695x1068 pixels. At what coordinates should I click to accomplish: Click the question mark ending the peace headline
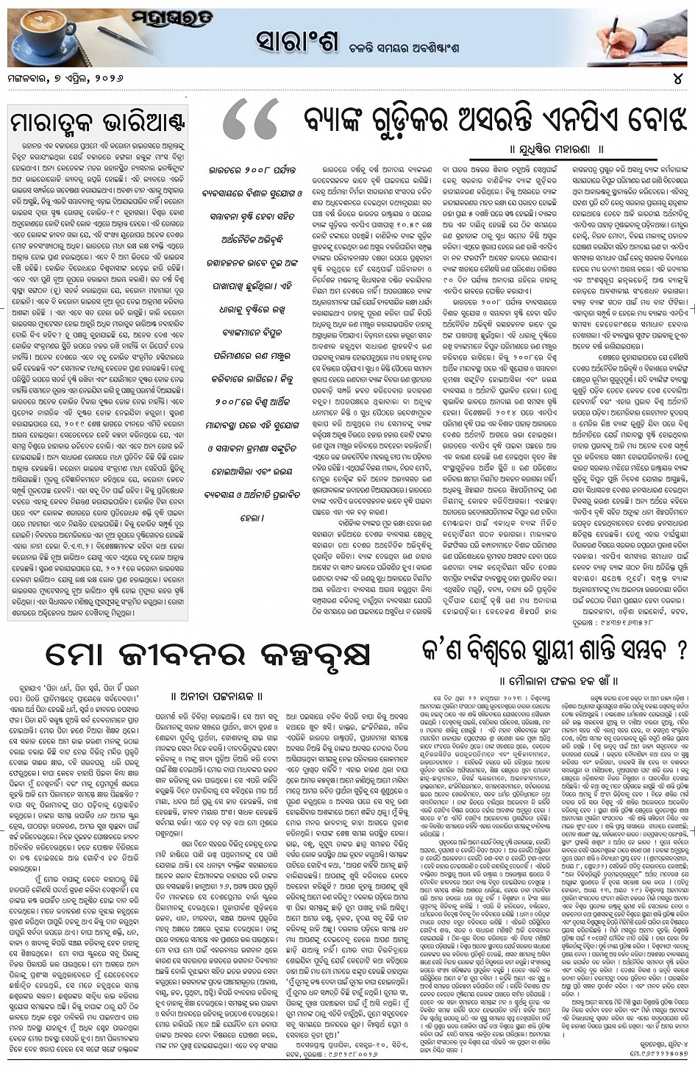680,650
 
